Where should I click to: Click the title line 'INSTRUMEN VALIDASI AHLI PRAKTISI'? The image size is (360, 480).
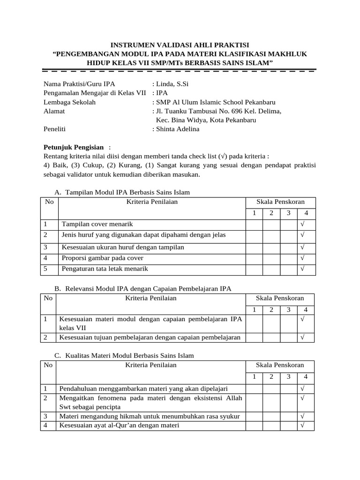(x=180, y=45)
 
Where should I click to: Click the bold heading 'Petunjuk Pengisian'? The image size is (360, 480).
(x=73, y=147)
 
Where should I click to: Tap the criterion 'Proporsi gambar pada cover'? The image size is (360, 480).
(x=103, y=258)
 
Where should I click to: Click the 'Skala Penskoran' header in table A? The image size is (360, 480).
(x=280, y=202)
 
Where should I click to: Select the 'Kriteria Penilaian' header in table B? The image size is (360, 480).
(x=151, y=298)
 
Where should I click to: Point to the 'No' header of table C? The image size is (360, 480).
(x=48, y=365)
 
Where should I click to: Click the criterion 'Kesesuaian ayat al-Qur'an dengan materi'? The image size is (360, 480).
(x=119, y=425)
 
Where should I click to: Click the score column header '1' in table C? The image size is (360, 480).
(x=254, y=376)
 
